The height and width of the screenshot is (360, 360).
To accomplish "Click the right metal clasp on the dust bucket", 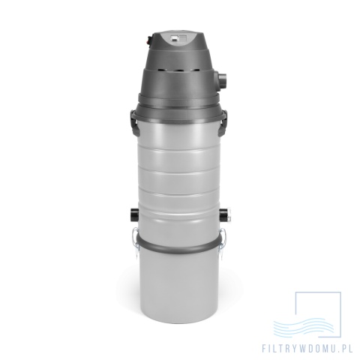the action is pos(223,238).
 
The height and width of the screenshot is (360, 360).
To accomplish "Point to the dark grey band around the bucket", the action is pos(179,246).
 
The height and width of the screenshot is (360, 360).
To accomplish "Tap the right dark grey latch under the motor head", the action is pos(223,122).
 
